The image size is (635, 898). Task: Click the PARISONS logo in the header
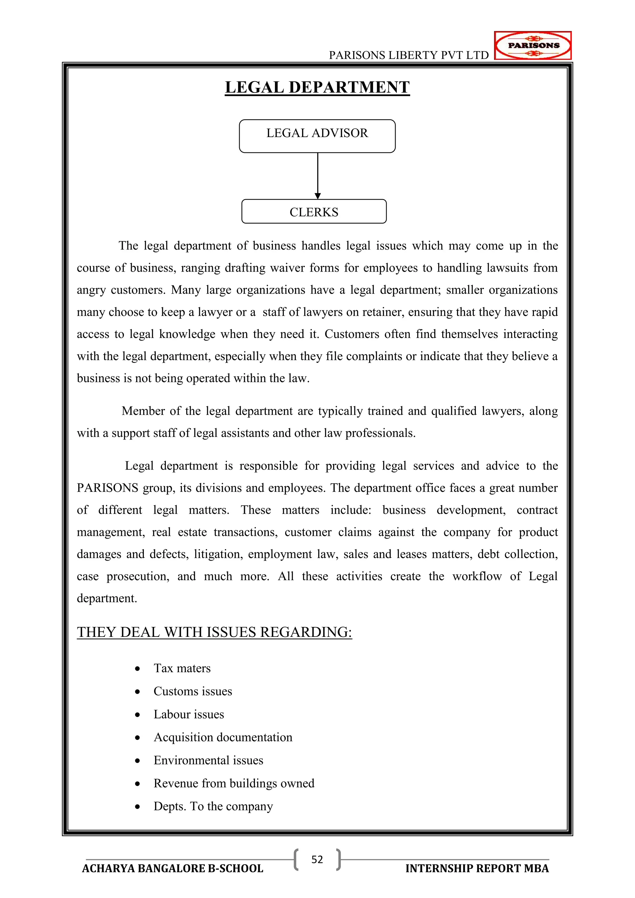533,45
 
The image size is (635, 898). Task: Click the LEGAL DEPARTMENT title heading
317,87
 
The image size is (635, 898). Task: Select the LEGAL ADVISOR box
317,136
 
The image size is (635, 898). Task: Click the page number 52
317,859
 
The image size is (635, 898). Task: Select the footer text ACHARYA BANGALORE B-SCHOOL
172,868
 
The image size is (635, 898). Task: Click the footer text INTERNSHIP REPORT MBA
477,868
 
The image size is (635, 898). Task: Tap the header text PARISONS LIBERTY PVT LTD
409,55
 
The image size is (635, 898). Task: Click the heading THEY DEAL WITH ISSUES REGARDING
214,632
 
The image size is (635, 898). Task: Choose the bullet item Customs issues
193,691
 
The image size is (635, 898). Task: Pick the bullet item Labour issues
189,714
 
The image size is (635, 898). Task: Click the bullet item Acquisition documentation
223,737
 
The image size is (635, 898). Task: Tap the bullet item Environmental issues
208,760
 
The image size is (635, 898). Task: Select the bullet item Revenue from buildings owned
234,783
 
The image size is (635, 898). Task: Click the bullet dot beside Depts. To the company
137,807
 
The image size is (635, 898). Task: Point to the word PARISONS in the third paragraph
108,488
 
